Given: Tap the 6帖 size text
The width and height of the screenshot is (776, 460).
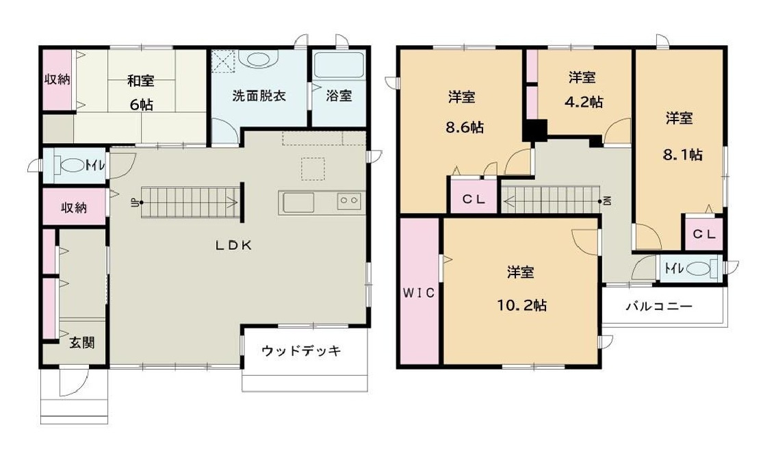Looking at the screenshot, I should tap(141, 104).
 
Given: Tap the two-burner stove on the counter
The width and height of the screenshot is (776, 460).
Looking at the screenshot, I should tap(348, 201).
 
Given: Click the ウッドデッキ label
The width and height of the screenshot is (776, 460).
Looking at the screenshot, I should tap(301, 351).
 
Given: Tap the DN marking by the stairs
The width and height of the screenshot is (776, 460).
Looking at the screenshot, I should tap(606, 201).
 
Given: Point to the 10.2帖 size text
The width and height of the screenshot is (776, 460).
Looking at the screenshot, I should tap(521, 305).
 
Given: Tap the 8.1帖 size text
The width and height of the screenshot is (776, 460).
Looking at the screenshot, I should tap(682, 154).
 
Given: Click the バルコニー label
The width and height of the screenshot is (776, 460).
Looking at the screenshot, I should tap(659, 306).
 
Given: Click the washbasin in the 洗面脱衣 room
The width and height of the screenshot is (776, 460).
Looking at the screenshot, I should tap(259, 60).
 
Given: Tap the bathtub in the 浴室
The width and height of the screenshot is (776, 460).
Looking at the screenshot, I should tap(339, 66).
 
